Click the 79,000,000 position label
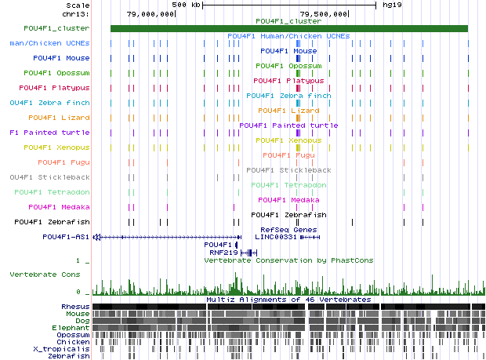151,13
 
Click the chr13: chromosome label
78,13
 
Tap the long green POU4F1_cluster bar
289,29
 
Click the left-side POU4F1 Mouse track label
61,58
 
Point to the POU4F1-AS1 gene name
63,236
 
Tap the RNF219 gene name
223,252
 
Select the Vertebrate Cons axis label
45,275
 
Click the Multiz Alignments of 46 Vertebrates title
288,300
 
